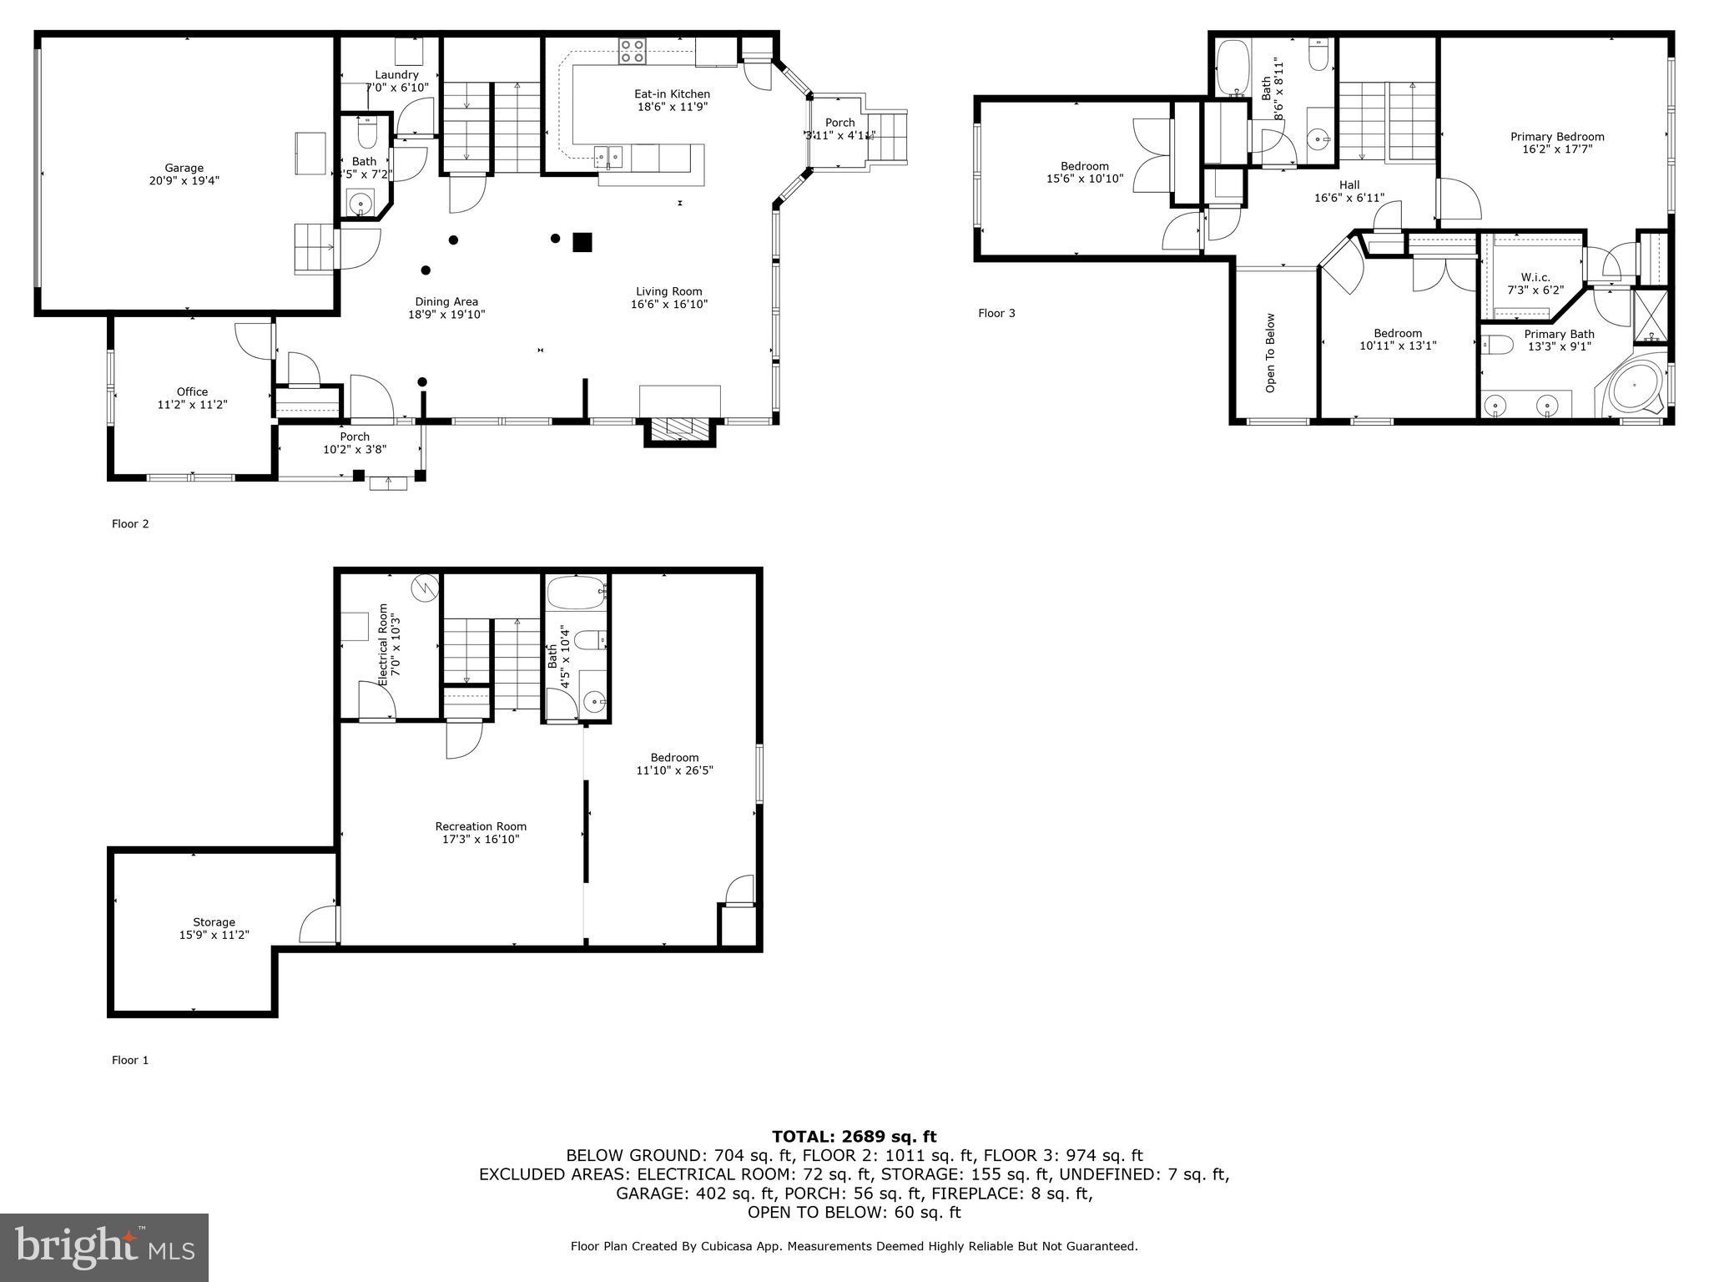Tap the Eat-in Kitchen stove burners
pos(632,52)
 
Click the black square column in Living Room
pos(582,242)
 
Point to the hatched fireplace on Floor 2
pos(678,429)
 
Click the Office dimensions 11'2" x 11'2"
pos(192,405)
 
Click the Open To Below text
pos(1270,352)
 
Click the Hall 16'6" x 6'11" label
pos(1349,192)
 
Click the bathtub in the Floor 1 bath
pos(575,593)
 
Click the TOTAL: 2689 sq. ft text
pos(854,1136)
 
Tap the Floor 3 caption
pos(996,314)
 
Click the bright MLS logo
pos(104,1247)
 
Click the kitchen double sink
pos(608,154)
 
